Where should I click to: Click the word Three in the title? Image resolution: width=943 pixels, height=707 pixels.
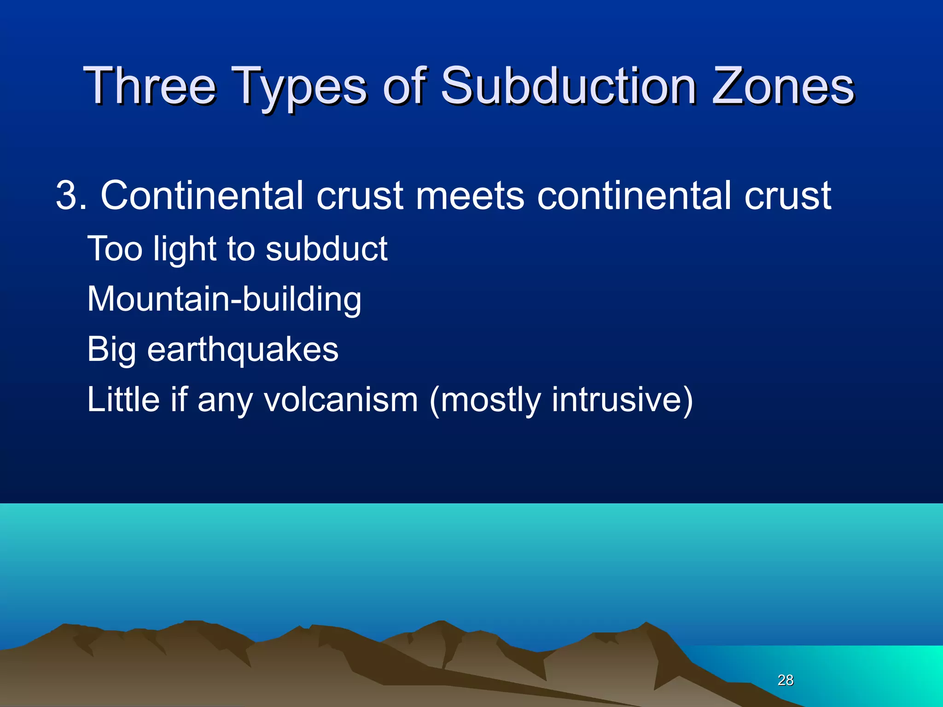pyautogui.click(x=150, y=86)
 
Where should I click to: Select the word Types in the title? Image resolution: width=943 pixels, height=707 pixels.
pyautogui.click(x=302, y=87)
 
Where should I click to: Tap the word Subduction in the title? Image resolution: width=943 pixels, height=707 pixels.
pyautogui.click(x=569, y=86)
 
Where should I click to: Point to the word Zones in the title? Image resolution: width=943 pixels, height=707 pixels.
pyautogui.click(x=783, y=86)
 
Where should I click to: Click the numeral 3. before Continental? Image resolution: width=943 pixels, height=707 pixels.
pyautogui.click(x=70, y=195)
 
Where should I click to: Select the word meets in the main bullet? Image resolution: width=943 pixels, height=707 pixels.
pyautogui.click(x=470, y=195)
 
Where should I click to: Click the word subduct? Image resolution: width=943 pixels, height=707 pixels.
pyautogui.click(x=326, y=249)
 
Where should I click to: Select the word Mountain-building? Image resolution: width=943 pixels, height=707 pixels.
pyautogui.click(x=224, y=299)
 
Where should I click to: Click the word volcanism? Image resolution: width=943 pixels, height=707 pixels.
pyautogui.click(x=341, y=400)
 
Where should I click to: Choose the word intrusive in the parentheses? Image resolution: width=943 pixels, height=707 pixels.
pyautogui.click(x=622, y=400)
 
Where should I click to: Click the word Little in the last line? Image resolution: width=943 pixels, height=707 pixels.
pyautogui.click(x=123, y=400)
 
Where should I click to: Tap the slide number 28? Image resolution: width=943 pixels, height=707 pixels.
pyautogui.click(x=786, y=680)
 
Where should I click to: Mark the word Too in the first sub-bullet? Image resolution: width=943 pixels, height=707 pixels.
pyautogui.click(x=115, y=249)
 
